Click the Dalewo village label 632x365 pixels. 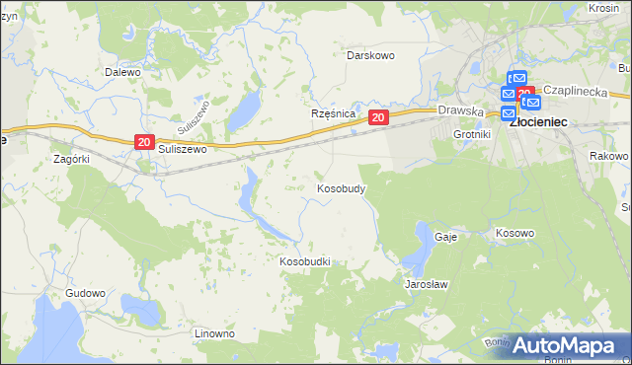123,72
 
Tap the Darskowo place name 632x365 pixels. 370,55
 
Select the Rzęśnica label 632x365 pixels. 333,114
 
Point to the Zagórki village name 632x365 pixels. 72,158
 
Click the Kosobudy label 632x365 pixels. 342,187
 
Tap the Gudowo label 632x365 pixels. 85,294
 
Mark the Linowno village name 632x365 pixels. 214,333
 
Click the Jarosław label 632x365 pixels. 428,284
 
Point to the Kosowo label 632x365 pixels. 514,234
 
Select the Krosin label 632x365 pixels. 602,7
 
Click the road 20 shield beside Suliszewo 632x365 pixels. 144,143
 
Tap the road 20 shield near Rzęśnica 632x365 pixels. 378,117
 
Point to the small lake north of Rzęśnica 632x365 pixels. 243,112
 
